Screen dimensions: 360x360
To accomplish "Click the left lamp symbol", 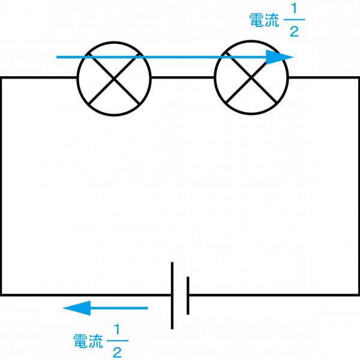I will [x=114, y=79].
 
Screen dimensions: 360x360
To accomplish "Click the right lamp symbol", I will [x=251, y=79].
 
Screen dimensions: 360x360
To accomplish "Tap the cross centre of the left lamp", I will [x=114, y=79].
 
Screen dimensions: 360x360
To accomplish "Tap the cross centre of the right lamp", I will [x=251, y=79].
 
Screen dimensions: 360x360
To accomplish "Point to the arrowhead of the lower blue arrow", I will [x=76, y=308].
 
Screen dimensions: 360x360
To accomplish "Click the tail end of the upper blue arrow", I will [x=57, y=57].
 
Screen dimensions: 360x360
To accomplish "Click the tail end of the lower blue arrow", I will [x=147, y=308].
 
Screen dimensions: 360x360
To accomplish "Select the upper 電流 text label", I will [x=264, y=20].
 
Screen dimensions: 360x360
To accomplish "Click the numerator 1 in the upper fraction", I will [x=293, y=10].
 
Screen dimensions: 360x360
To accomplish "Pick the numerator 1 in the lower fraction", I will [x=117, y=330].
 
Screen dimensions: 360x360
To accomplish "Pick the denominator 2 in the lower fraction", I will [x=117, y=352].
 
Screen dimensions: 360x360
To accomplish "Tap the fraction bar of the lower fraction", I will [x=117, y=341].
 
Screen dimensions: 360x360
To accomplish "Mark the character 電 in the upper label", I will [x=257, y=20].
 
